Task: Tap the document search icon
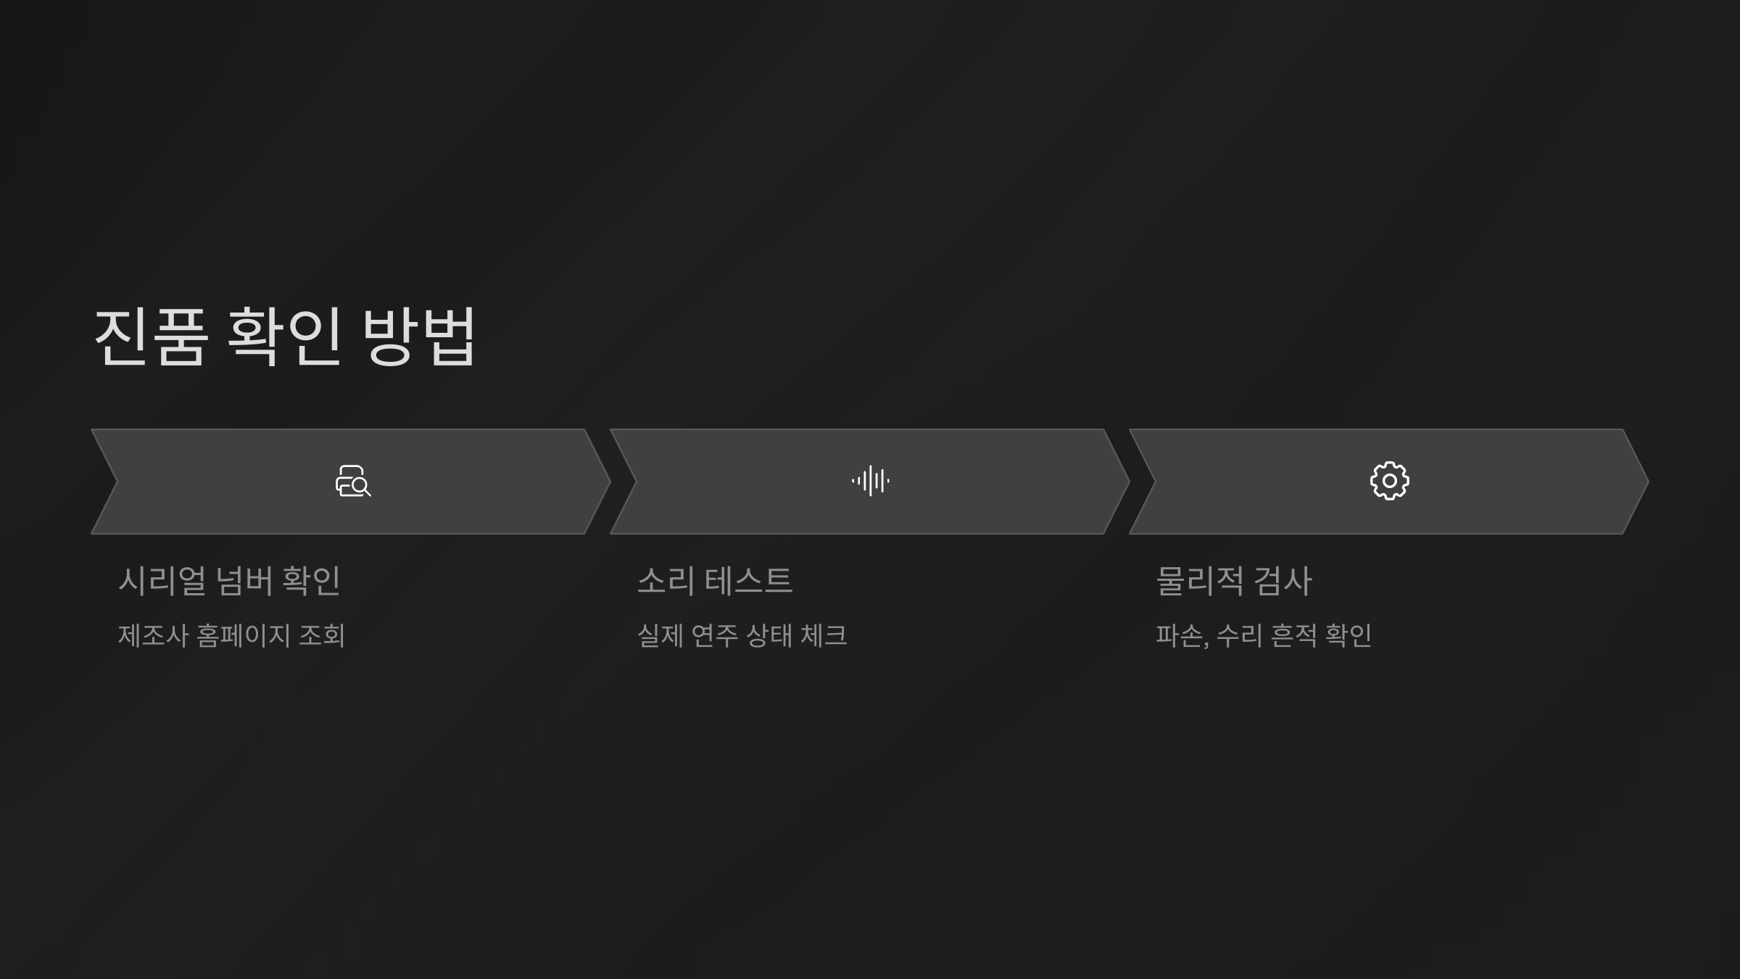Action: [x=353, y=482]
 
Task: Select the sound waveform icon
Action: [x=870, y=481]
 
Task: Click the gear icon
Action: [x=1389, y=481]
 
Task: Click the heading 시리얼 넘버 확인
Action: [x=229, y=581]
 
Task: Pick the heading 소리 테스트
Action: [x=715, y=581]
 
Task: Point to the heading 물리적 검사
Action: [x=1234, y=581]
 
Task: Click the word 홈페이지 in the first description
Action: [x=244, y=636]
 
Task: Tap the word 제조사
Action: [x=153, y=636]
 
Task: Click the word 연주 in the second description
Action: [x=714, y=636]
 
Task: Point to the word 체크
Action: [x=824, y=636]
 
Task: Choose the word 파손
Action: [x=1180, y=636]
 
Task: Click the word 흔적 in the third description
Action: [x=1294, y=636]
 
